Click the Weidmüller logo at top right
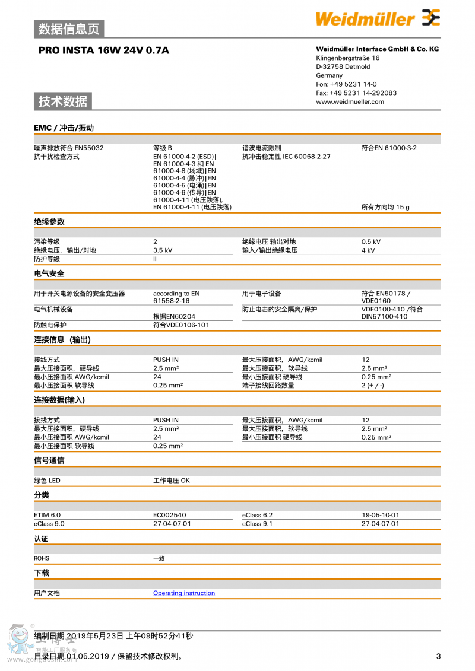[x=378, y=19]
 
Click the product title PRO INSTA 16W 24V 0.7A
[x=104, y=50]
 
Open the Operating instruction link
[x=184, y=593]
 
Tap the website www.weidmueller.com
[x=350, y=101]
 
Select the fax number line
[x=356, y=93]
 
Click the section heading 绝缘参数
[x=49, y=222]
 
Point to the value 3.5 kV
[x=163, y=250]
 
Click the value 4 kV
[x=368, y=250]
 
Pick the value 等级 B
[x=163, y=148]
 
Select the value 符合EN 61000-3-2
[x=389, y=148]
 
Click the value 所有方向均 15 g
[x=385, y=207]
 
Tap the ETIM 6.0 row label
[x=47, y=515]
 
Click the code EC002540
[x=169, y=515]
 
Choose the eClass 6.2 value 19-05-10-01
[x=380, y=515]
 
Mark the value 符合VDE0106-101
[x=181, y=325]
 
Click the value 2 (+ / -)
[x=373, y=386]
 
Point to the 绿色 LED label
[x=47, y=481]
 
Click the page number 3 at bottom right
[x=438, y=656]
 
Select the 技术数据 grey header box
[x=63, y=101]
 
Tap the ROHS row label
[x=42, y=558]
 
